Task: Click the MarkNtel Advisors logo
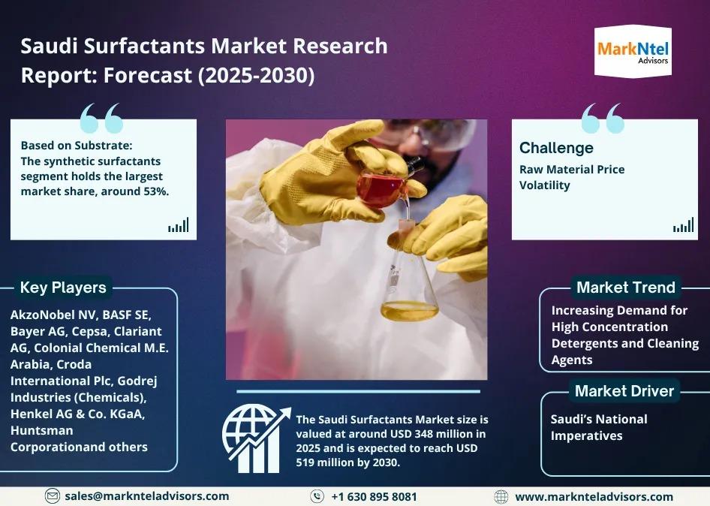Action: [x=633, y=52]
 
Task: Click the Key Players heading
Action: [x=63, y=288]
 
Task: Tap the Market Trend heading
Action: [x=626, y=288]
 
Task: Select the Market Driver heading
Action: [x=624, y=391]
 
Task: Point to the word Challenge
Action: [x=556, y=148]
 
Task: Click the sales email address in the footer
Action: [x=146, y=496]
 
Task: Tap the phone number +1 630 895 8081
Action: [x=374, y=497]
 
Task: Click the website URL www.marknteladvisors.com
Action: [x=594, y=497]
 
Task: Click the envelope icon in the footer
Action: [x=52, y=496]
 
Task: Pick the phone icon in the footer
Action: [x=317, y=496]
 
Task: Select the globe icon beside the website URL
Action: [x=501, y=497]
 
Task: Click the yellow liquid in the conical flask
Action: [x=409, y=311]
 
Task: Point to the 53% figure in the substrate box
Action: [x=156, y=191]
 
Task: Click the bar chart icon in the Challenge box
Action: [x=683, y=225]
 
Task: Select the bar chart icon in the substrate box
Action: [x=179, y=225]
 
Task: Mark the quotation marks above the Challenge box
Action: [x=603, y=118]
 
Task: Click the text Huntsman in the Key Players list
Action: [x=42, y=430]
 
